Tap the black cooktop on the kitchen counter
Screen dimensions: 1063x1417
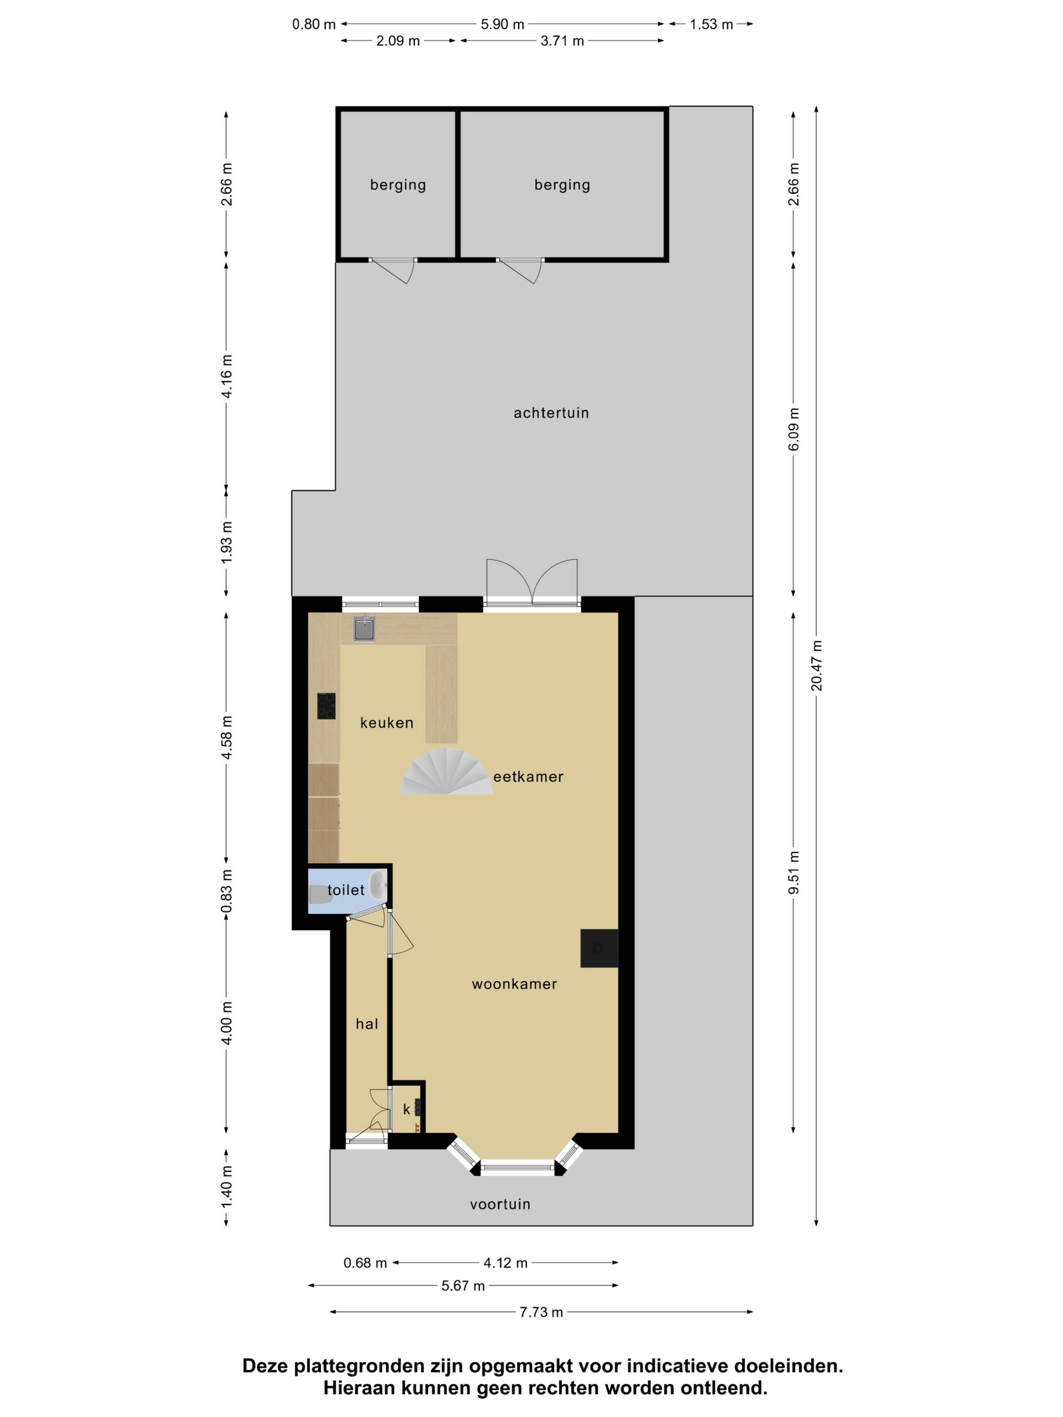coord(326,706)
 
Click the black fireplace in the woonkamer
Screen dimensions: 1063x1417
coord(599,948)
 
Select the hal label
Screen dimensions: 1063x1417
coord(367,1024)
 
